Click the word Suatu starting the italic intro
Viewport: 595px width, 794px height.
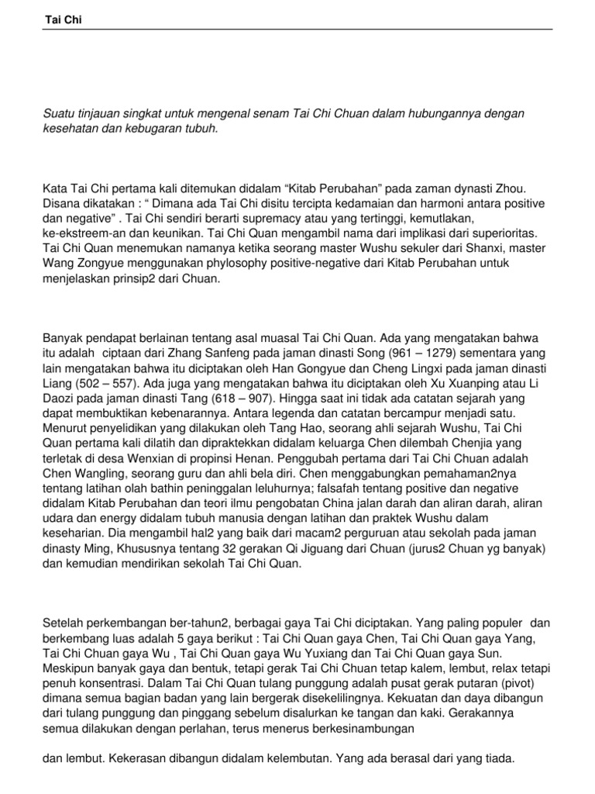57,114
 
